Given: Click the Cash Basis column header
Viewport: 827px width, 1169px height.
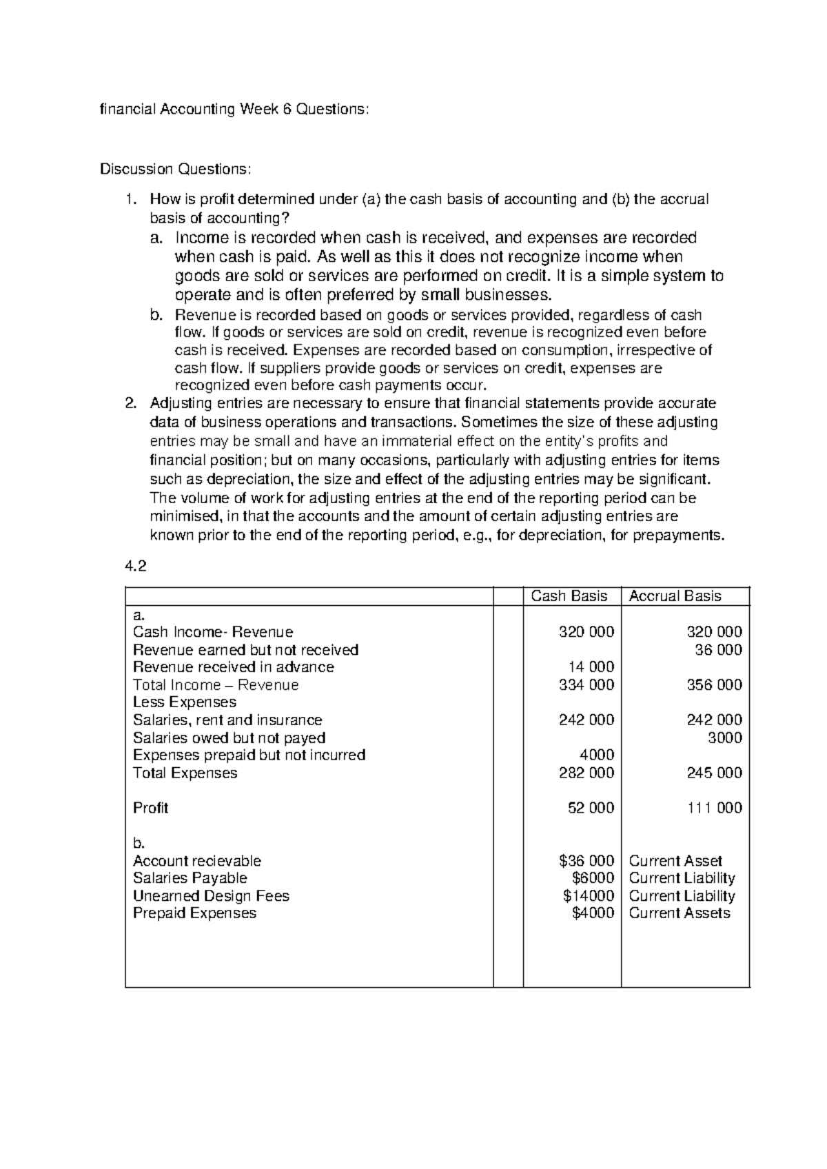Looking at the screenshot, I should tap(569, 596).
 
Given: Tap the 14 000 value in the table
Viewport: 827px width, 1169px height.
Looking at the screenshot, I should tap(591, 667).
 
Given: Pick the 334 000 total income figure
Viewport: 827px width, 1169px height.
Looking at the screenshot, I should tap(586, 685).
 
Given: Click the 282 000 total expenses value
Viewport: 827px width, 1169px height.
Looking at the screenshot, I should tap(586, 773).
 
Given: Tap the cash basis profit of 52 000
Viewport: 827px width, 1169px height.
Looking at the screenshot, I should tap(591, 808).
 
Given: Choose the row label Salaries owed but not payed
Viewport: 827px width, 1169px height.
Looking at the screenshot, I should tap(229, 738).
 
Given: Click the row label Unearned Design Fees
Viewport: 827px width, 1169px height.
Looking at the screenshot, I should tap(211, 896).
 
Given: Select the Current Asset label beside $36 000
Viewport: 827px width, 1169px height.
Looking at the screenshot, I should tap(675, 861).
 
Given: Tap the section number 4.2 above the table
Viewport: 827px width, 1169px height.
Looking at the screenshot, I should tap(135, 567).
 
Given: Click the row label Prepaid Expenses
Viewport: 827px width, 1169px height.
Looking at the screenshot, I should tap(194, 913).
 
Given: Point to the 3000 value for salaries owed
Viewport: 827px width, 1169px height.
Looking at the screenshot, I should tap(725, 738).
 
